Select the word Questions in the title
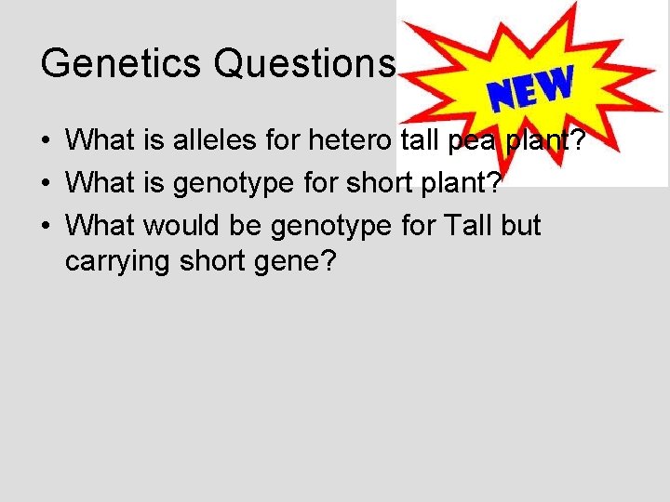tap(304, 63)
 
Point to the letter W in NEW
tap(555, 83)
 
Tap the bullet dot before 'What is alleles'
tap(46, 142)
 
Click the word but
tap(519, 226)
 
